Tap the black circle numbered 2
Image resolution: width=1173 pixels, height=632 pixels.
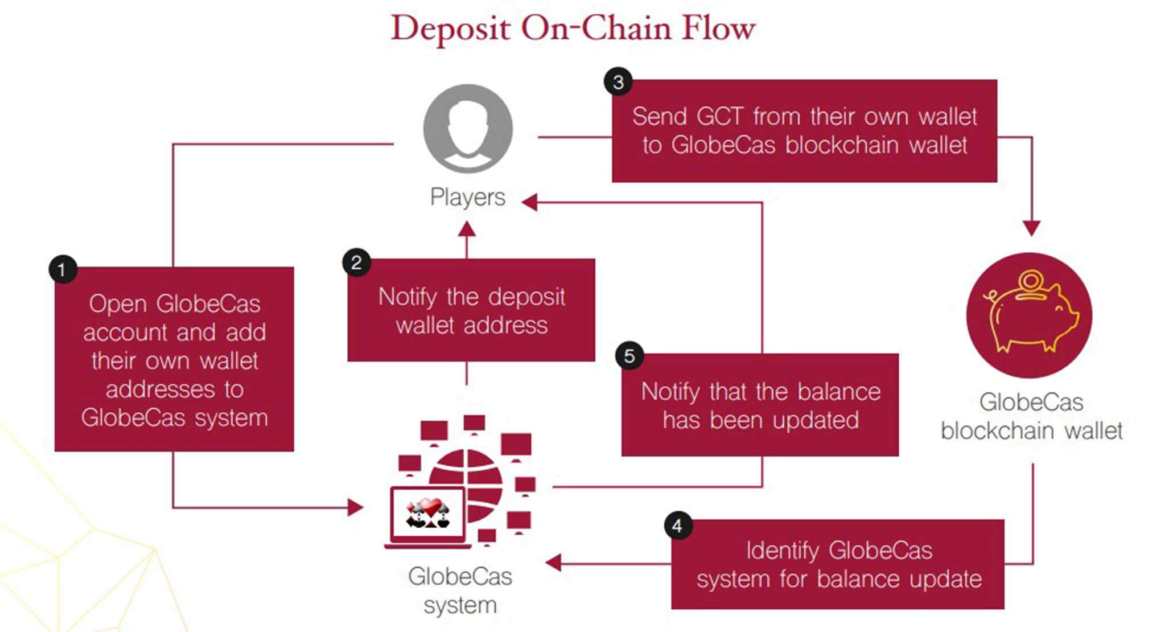tap(356, 262)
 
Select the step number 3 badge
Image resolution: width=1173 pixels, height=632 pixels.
tap(618, 82)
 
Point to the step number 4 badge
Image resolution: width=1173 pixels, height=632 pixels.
tap(677, 525)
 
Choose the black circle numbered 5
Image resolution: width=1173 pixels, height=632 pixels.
tap(629, 356)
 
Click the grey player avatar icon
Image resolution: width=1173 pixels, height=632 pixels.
tap(468, 129)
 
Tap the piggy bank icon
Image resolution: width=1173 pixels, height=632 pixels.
tap(1029, 315)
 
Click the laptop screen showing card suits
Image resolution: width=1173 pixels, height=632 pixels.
tap(428, 514)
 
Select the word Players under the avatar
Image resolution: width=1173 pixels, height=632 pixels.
tap(467, 197)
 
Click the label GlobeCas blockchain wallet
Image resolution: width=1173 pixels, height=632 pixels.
tap(1031, 417)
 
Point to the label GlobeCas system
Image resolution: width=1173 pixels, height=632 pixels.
tap(460, 590)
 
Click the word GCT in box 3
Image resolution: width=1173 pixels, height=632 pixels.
tap(719, 117)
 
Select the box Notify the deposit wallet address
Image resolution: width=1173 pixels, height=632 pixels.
tap(471, 310)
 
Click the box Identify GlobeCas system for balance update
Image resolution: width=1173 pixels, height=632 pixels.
tap(838, 564)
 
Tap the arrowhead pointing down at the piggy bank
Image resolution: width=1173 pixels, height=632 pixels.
tap(1031, 228)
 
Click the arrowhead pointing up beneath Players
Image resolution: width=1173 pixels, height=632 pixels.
tap(467, 229)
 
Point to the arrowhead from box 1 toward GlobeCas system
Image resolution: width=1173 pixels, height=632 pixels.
tap(355, 507)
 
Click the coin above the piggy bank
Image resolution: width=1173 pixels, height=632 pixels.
tap(1030, 281)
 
